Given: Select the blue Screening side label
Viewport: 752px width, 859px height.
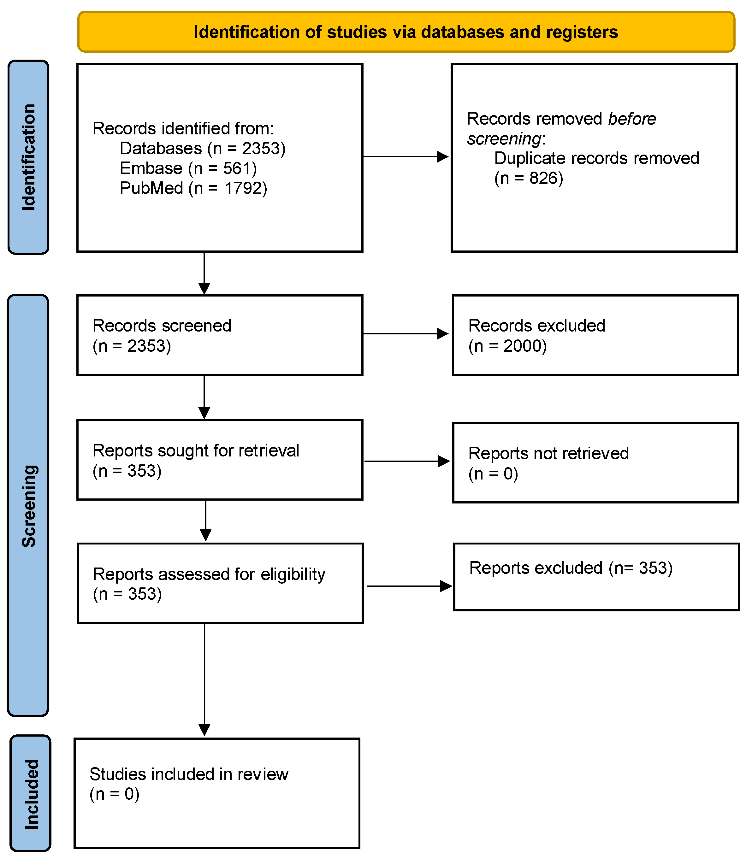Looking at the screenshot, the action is click(28, 505).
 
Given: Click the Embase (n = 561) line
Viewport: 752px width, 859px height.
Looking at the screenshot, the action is click(188, 168).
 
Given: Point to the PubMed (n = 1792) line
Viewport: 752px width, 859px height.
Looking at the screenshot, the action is click(193, 188).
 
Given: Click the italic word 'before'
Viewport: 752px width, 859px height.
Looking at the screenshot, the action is click(632, 119).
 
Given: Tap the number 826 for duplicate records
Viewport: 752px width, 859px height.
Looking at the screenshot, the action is click(546, 178).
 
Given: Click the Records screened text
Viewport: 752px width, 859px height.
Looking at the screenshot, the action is click(162, 326).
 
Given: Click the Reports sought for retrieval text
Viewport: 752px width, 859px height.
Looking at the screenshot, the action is click(196, 450).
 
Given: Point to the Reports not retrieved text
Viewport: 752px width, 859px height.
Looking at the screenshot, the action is click(548, 453).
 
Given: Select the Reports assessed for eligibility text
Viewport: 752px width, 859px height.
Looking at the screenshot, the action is click(209, 574).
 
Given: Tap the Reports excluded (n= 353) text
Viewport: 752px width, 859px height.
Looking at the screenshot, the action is click(571, 568).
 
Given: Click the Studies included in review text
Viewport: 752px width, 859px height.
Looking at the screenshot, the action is click(189, 774).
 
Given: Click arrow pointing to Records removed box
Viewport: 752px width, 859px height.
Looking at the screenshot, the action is click(406, 157).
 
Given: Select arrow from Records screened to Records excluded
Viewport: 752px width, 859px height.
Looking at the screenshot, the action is click(406, 334).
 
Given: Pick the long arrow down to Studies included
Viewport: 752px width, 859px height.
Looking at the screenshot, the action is click(204, 680).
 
